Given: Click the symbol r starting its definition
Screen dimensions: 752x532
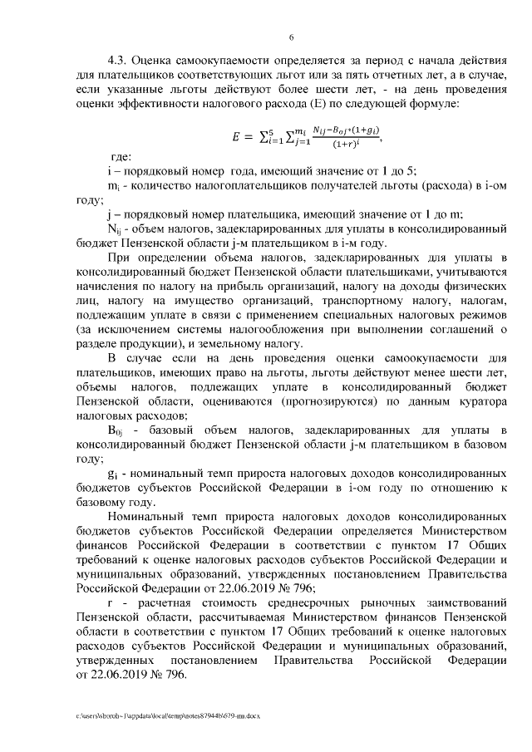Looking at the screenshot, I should [111, 597].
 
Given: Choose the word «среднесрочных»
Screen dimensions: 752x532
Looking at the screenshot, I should [266, 597].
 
